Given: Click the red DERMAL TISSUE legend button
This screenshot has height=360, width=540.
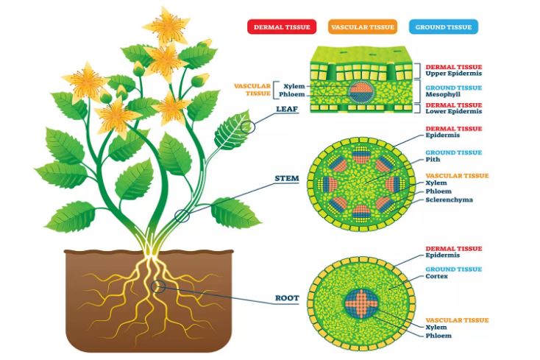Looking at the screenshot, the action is tap(282, 27).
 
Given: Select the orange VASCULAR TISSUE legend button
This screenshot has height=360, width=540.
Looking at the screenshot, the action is tap(363, 27).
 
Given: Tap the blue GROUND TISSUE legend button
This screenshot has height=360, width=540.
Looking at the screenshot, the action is tap(444, 27).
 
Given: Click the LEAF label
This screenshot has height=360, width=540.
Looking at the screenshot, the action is tap(287, 109).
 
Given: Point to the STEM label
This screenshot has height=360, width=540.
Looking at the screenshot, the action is tap(287, 178).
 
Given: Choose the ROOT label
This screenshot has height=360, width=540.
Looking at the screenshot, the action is tap(287, 298).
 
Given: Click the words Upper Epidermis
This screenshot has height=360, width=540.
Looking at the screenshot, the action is tap(454, 74).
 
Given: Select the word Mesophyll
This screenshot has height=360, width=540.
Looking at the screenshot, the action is tap(443, 94).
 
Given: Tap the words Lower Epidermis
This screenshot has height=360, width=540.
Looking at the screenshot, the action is tap(454, 111).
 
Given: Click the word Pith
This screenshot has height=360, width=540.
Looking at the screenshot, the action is tap(433, 160).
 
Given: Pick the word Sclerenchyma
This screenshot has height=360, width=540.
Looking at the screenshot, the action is tap(449, 200).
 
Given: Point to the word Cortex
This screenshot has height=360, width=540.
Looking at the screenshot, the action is tap(437, 276).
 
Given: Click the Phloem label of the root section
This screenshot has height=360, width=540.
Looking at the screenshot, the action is tap(438, 336).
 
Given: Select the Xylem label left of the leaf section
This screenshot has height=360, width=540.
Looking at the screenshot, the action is tap(294, 86).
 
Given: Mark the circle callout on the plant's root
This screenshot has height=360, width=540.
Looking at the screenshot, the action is tap(157, 286).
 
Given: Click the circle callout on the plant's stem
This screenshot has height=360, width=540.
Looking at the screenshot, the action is tap(182, 216).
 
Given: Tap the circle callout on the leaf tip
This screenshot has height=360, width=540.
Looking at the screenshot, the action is tap(248, 127).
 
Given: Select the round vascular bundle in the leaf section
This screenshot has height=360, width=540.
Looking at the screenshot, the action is tap(361, 92).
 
